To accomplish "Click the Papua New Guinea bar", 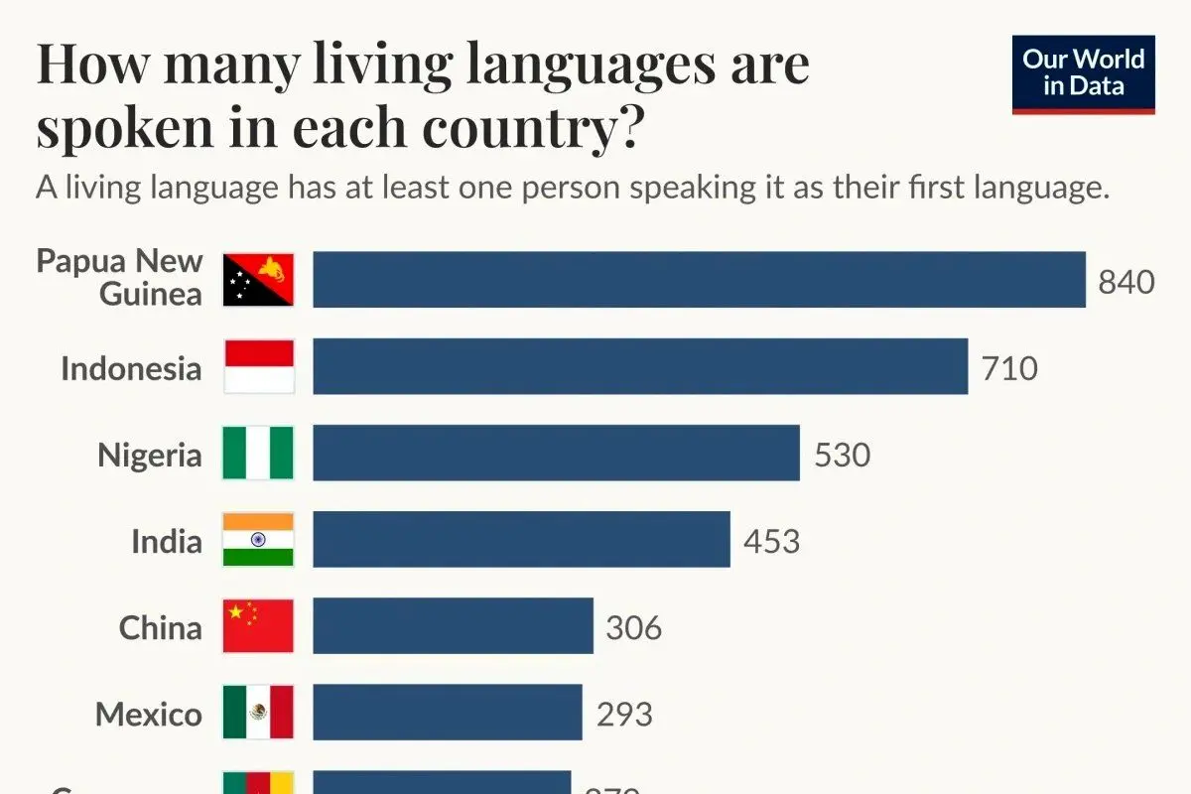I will pos(699,280).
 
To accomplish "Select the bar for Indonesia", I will pos(640,367).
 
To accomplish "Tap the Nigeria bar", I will pos(556,454).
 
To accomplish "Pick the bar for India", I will pos(521,540).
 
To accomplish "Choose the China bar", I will pos(453,626).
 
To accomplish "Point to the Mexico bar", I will pos(447,713).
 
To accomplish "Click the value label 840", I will pos(1125,282).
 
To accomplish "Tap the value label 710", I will pos(1008,368).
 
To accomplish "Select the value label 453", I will pos(771,541).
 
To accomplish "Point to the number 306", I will pos(633,627).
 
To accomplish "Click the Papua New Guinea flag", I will pos(258,280).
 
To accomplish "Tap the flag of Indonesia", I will pos(258,367).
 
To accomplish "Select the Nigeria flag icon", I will pos(258,454).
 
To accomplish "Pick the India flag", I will pos(258,540).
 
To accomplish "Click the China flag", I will pos(258,626).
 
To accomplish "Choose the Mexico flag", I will pos(258,713).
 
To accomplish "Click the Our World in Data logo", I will pos(1083,73).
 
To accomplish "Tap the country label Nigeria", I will pos(149,456).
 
